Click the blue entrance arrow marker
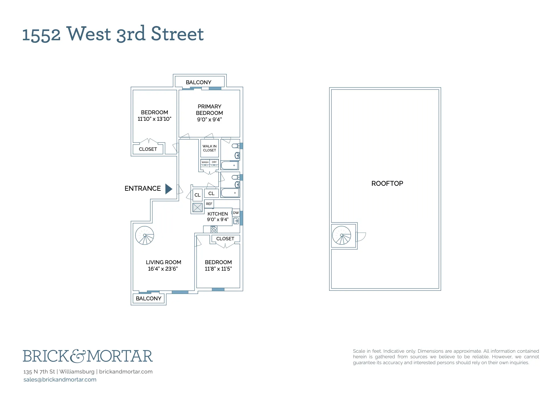tap(168, 189)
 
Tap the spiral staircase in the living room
tap(145, 235)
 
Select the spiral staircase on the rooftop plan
tap(342, 235)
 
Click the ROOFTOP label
tap(387, 183)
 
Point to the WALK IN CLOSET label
tap(210, 148)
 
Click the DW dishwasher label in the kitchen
tap(236, 213)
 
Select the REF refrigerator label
tap(209, 204)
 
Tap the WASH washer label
tap(205, 162)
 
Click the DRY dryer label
tap(214, 162)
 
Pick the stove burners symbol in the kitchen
tap(214, 229)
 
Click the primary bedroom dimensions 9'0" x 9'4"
tap(209, 120)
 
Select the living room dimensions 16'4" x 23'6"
tap(163, 269)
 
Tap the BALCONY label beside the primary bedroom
tap(198, 82)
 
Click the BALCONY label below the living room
tap(149, 299)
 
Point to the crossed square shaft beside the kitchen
tap(197, 207)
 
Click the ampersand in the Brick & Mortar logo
tap(77, 356)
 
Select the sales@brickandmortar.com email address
tap(60, 380)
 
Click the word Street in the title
tap(177, 34)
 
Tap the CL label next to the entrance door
tap(197, 195)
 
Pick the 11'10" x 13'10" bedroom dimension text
tap(154, 119)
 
